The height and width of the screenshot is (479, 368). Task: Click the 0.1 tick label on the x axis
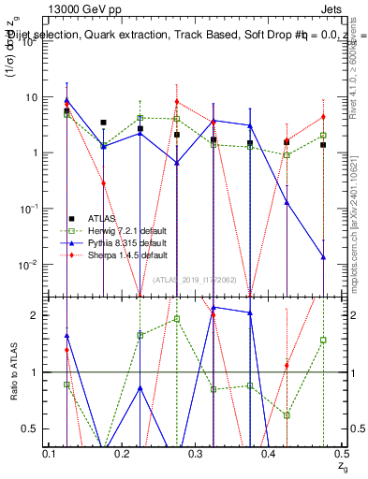(x=50, y=454)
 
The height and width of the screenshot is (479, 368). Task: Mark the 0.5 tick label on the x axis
(x=341, y=454)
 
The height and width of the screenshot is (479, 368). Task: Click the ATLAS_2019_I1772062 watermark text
(x=195, y=279)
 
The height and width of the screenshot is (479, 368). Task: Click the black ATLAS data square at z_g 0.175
(x=103, y=123)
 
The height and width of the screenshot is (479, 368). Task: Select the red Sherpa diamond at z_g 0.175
(x=103, y=183)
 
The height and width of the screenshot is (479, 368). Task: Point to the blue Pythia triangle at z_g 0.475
(x=322, y=257)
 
